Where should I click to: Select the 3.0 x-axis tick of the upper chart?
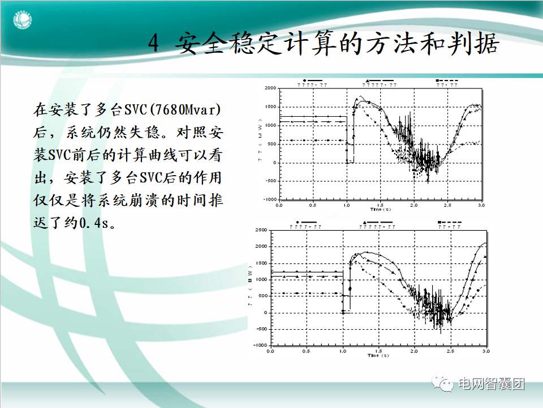tap(481, 205)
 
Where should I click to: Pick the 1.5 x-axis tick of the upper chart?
tap(380, 205)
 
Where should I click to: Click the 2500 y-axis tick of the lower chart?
tap(261, 230)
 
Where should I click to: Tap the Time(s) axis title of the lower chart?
tap(377, 356)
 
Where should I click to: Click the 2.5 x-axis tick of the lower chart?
tap(450, 351)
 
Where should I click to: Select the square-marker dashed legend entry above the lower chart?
tap(449, 223)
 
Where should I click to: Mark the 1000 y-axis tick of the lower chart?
tap(261, 279)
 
